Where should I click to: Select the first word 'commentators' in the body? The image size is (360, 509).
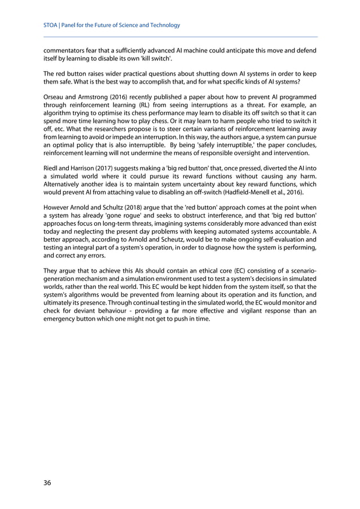[64, 50]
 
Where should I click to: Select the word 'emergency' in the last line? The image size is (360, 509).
[62, 319]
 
